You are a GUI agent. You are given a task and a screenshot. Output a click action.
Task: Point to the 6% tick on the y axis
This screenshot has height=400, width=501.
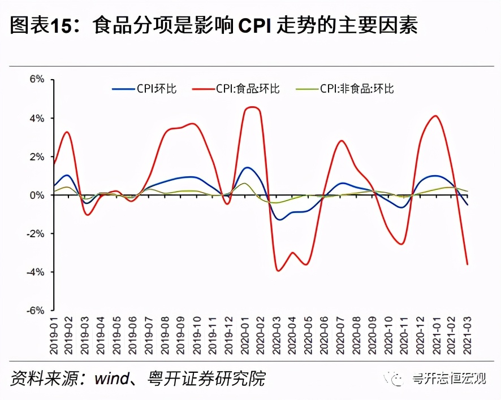(37, 79)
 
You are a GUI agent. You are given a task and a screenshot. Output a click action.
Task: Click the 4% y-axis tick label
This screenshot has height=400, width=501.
(37, 118)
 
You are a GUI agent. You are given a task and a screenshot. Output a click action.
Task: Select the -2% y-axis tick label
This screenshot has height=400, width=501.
(35, 233)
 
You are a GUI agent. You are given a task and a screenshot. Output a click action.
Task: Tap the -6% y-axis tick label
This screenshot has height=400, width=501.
(35, 310)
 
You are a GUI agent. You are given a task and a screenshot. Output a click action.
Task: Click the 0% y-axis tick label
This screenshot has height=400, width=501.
(37, 195)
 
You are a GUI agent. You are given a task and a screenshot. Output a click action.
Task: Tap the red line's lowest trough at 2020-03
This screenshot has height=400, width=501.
(278, 271)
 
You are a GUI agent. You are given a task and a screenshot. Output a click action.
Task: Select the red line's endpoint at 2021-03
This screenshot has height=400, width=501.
(468, 264)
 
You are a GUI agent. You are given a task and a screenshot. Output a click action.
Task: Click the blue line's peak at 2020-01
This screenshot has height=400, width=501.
(247, 167)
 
